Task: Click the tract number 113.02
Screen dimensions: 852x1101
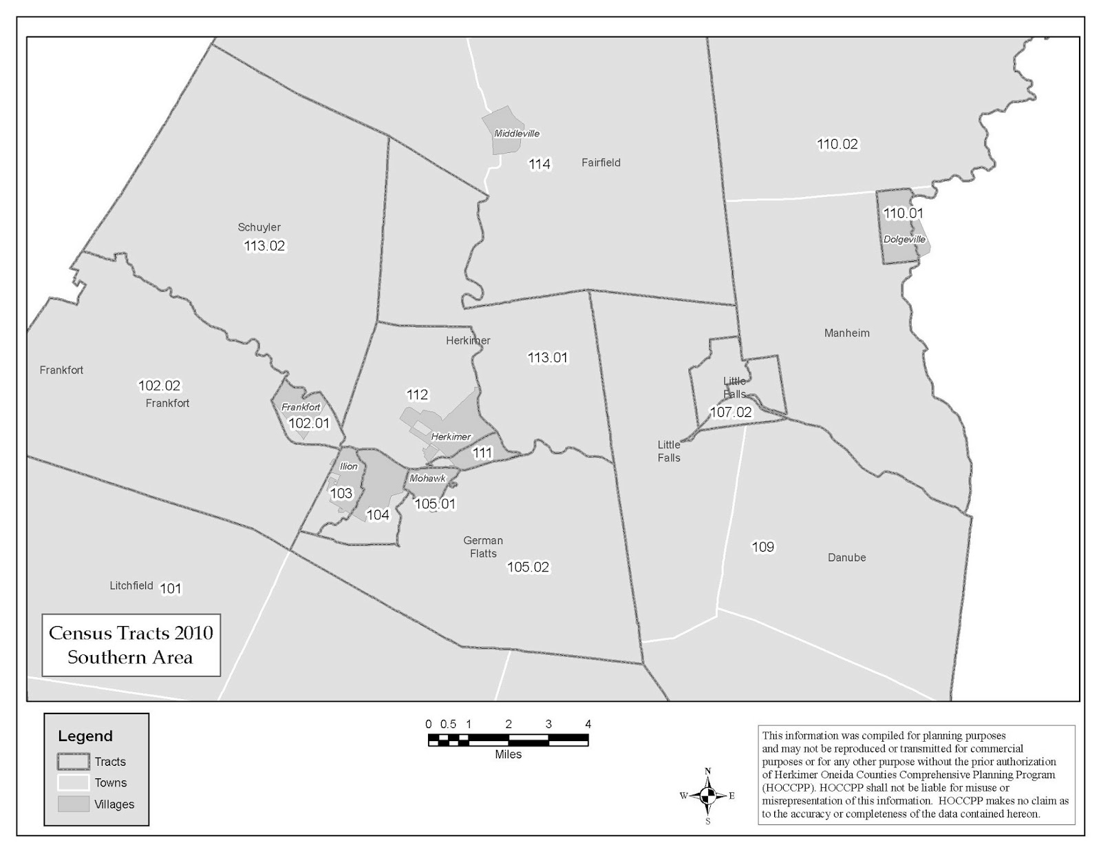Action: click(x=264, y=246)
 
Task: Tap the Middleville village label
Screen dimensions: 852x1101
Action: click(x=517, y=134)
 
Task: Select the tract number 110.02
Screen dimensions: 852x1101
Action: click(x=837, y=145)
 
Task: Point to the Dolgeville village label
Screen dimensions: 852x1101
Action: click(x=904, y=240)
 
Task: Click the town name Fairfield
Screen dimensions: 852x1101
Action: click(x=601, y=163)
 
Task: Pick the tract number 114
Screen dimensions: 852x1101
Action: click(x=539, y=165)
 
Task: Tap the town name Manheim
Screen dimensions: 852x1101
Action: click(x=846, y=333)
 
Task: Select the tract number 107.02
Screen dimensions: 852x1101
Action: click(x=731, y=413)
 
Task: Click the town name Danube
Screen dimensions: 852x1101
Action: click(x=846, y=558)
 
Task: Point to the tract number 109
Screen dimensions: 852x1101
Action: click(x=762, y=548)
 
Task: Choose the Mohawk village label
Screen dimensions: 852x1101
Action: click(x=427, y=479)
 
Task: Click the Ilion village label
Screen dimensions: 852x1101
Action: click(x=349, y=467)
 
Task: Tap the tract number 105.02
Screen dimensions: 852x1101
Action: click(x=528, y=568)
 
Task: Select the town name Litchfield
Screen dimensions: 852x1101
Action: click(x=131, y=586)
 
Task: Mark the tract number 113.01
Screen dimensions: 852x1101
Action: click(x=548, y=358)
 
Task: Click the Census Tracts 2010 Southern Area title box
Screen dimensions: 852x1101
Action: click(x=131, y=645)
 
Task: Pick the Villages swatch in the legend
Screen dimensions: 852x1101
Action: click(x=73, y=804)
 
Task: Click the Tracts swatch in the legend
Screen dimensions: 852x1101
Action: click(x=73, y=762)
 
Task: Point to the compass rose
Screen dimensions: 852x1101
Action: click(x=707, y=796)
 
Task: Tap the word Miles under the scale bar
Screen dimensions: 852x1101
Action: click(x=508, y=755)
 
